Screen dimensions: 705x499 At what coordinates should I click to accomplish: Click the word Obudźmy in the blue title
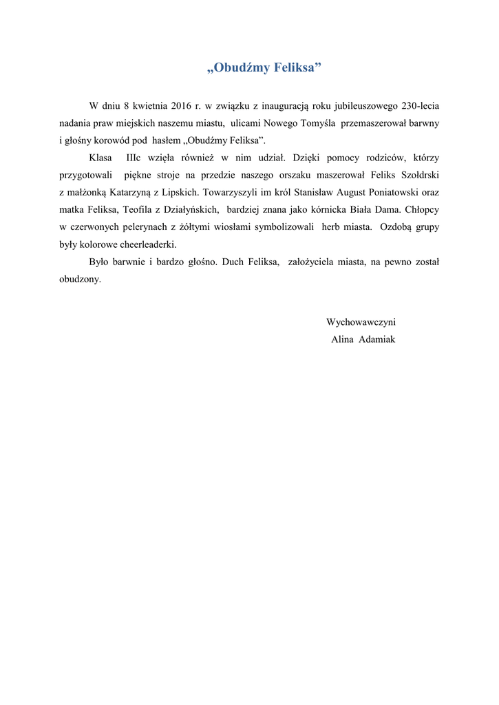pyautogui.click(x=241, y=68)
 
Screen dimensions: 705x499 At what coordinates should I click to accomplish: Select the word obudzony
pyautogui.click(x=79, y=280)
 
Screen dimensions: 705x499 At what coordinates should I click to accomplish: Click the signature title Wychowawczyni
pyautogui.click(x=361, y=322)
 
